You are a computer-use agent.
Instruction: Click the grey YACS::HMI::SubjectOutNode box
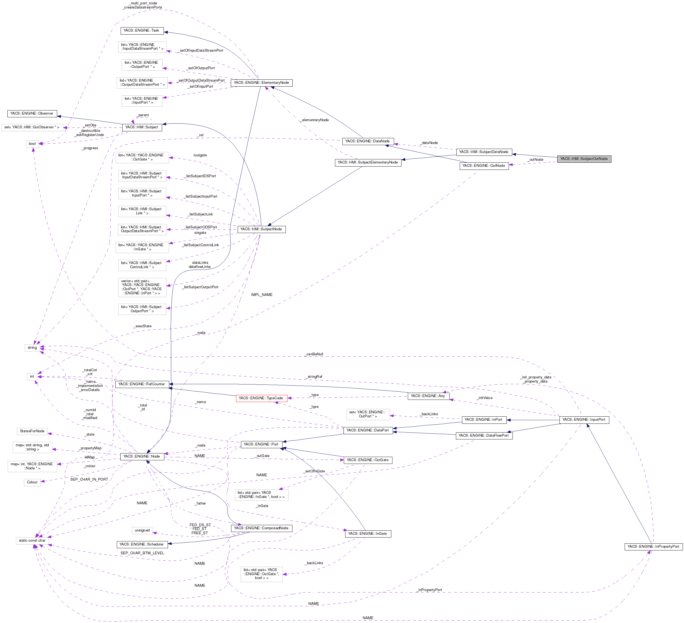[584, 159]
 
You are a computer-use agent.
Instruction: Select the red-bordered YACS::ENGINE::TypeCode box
[261, 398]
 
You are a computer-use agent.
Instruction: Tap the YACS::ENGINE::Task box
[142, 31]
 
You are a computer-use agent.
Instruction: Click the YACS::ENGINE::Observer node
[32, 113]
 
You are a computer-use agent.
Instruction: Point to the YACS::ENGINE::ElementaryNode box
[261, 83]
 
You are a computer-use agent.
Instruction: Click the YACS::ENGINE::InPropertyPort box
[653, 547]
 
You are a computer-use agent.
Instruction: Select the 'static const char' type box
[32, 541]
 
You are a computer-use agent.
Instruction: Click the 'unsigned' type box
[142, 530]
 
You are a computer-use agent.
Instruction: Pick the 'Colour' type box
[32, 482]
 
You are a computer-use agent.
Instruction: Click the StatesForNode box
[32, 431]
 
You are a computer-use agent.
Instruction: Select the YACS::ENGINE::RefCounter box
[142, 384]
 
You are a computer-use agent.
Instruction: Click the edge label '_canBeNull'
[314, 354]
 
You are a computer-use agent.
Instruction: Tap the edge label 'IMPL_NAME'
[262, 295]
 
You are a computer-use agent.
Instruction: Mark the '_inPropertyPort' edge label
[430, 590]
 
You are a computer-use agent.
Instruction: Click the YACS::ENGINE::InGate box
[367, 534]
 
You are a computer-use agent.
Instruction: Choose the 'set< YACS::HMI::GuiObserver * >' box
[32, 128]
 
